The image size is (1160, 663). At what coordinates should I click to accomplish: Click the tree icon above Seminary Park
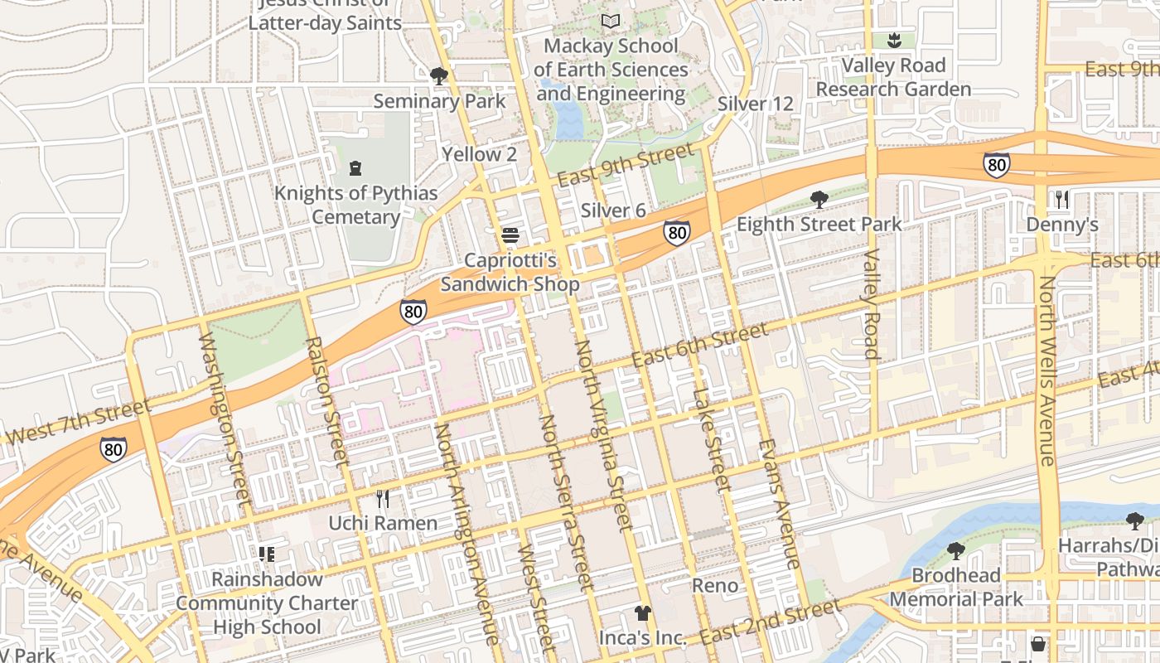point(439,76)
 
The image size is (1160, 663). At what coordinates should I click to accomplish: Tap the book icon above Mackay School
point(611,21)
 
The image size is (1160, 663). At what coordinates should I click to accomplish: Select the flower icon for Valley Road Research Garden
point(893,39)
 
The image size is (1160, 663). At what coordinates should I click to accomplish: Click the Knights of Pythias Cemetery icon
point(355,168)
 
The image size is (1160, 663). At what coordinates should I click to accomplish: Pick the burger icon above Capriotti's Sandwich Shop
point(510,235)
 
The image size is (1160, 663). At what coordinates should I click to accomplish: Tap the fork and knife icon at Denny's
point(1062,199)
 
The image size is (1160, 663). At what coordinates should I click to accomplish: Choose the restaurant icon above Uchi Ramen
point(383,498)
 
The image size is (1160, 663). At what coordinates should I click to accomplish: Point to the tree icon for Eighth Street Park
point(819,199)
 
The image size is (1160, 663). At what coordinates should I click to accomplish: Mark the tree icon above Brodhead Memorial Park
point(955,550)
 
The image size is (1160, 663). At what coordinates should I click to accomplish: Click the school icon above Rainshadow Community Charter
point(267,554)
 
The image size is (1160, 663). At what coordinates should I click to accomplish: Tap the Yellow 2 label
point(479,154)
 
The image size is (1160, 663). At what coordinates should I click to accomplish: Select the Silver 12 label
point(755,104)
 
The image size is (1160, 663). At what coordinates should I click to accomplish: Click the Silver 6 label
point(613,211)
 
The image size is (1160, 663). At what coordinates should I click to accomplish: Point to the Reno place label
point(715,585)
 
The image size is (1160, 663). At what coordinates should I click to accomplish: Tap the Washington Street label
point(224,419)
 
